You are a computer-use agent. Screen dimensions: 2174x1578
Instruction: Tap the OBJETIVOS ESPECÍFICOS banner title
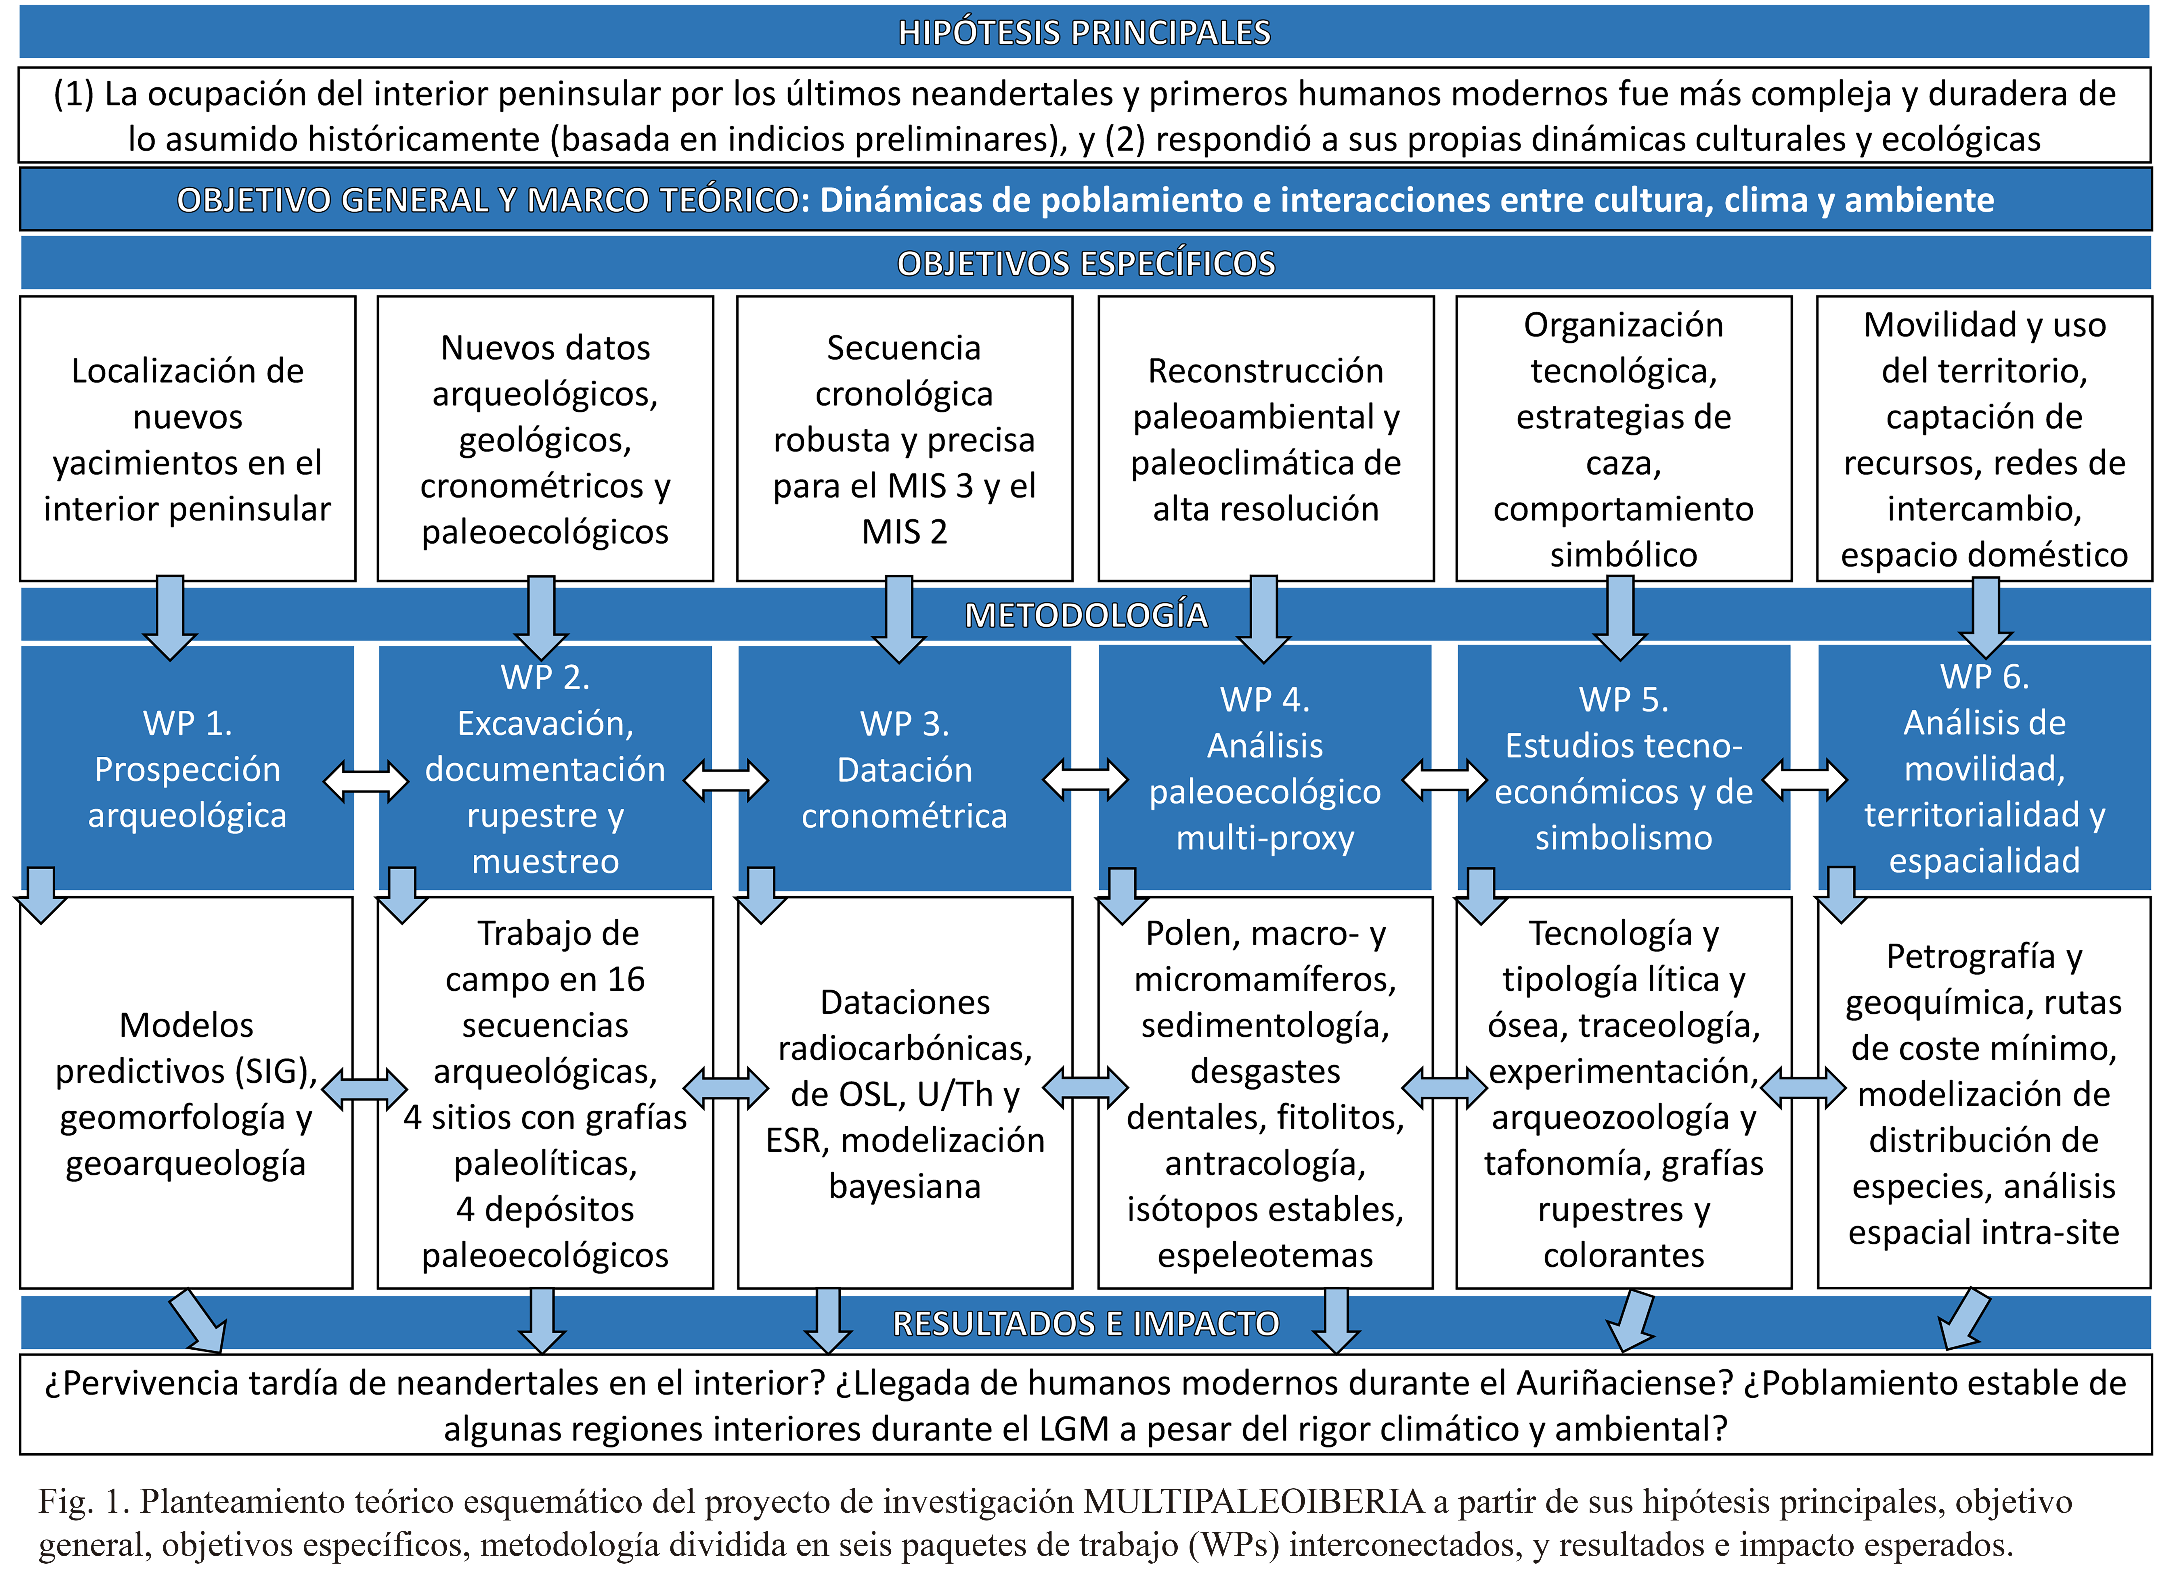(1086, 263)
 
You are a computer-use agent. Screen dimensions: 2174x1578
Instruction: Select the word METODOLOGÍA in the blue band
(1086, 614)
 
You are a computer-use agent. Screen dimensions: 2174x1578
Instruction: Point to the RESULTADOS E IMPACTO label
(1086, 1323)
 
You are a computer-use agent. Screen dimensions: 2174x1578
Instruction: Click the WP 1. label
(188, 723)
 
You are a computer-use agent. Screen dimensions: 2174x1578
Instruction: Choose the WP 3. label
(905, 723)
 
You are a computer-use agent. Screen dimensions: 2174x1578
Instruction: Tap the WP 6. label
(1984, 676)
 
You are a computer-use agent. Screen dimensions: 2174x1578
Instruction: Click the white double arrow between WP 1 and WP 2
(366, 781)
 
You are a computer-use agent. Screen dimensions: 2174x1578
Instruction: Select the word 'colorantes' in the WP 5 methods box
(1624, 1255)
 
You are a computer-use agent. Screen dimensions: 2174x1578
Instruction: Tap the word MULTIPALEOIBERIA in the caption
(1254, 1501)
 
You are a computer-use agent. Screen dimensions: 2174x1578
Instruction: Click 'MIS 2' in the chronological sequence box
(905, 532)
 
